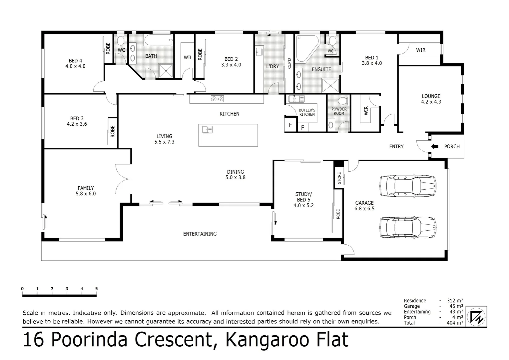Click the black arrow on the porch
(x=435, y=146)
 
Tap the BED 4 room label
(x=75, y=61)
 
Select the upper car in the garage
(x=408, y=186)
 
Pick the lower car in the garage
(x=408, y=227)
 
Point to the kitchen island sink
(x=207, y=130)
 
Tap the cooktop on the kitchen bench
(x=217, y=99)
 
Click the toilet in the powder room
(x=343, y=101)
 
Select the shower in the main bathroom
(x=166, y=71)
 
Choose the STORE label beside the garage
(x=339, y=178)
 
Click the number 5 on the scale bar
(x=96, y=289)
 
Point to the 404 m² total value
(x=455, y=322)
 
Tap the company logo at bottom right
(x=476, y=317)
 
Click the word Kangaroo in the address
(x=267, y=340)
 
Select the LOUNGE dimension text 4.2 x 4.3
(x=431, y=102)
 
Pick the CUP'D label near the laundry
(x=289, y=63)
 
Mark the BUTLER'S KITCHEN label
(x=307, y=112)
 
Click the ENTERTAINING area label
(x=200, y=234)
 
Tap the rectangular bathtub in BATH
(x=159, y=40)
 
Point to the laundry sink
(x=259, y=52)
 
